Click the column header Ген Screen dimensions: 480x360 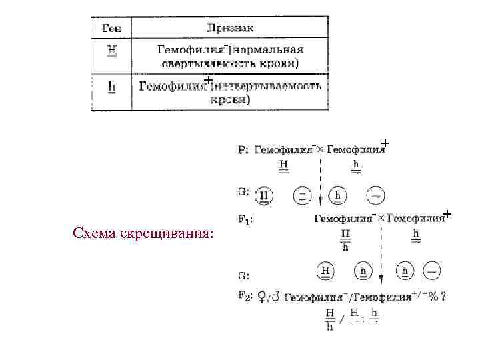tap(111, 27)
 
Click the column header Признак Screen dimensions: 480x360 tap(230, 27)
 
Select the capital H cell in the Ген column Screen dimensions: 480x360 tap(111, 50)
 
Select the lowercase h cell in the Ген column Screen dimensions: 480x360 tap(111, 87)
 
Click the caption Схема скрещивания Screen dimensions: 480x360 tap(143, 235)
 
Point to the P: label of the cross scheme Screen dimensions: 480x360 tap(243, 150)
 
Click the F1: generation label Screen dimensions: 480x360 tap(245, 218)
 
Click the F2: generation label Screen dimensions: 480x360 tap(245, 297)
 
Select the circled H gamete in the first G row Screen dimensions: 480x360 tap(265, 195)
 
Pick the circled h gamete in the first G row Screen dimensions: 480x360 tap(339, 195)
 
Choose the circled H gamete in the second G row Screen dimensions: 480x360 tap(326, 271)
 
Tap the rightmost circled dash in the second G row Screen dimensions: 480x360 tap(431, 271)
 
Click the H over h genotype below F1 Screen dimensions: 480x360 tap(345, 240)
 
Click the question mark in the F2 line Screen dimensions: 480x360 tap(443, 297)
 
